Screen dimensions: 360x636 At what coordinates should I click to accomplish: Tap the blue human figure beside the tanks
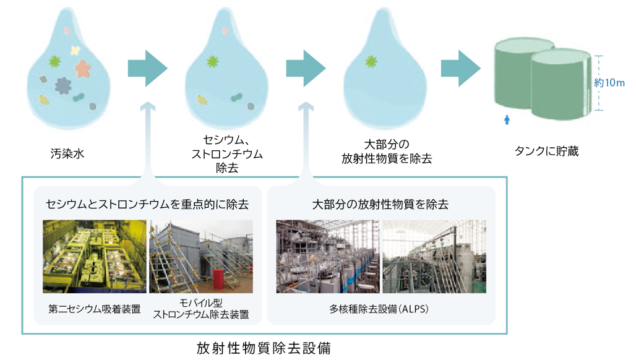pos(507,118)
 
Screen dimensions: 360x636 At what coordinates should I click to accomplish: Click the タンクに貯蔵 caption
pos(547,150)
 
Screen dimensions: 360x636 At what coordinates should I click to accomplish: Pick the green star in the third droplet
pos(371,61)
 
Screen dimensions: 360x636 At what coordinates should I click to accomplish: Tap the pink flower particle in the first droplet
pos(83,68)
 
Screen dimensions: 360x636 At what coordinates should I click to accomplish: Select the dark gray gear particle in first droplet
pos(62,85)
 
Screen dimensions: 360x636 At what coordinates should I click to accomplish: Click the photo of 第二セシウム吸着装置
pos(94,256)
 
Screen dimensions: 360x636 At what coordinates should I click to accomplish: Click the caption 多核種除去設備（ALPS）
pos(380,307)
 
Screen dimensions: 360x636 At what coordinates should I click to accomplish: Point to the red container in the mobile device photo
pos(218,279)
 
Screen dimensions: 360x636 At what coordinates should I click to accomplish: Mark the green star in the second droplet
pos(213,61)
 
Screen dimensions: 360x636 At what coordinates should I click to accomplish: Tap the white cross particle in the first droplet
pos(75,50)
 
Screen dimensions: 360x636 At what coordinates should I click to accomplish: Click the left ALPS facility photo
pos(327,256)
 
